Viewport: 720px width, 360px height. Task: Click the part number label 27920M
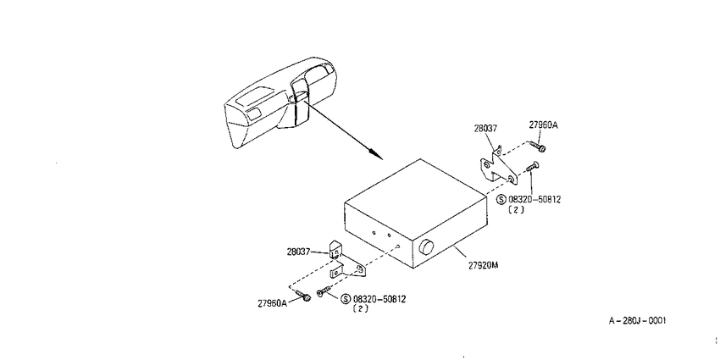pyautogui.click(x=483, y=265)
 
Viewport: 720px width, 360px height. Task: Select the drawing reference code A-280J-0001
pyautogui.click(x=637, y=321)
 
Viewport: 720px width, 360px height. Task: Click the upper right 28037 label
pyautogui.click(x=485, y=129)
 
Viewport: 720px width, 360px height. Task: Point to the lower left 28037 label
pyautogui.click(x=298, y=252)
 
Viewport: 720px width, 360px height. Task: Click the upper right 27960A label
pyautogui.click(x=543, y=125)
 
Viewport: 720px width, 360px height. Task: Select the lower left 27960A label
pyautogui.click(x=272, y=303)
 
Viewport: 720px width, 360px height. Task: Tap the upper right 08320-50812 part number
pyautogui.click(x=534, y=200)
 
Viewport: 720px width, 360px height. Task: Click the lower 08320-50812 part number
pyautogui.click(x=379, y=299)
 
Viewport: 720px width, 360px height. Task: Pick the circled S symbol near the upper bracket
pyautogui.click(x=501, y=200)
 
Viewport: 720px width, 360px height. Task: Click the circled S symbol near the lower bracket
pyautogui.click(x=346, y=299)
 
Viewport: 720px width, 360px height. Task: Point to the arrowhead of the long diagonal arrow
pyautogui.click(x=378, y=155)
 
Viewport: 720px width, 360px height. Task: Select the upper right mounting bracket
pyautogui.click(x=498, y=165)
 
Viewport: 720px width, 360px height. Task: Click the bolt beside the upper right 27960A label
pyautogui.click(x=537, y=147)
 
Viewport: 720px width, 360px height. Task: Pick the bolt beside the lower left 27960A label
pyautogui.click(x=302, y=296)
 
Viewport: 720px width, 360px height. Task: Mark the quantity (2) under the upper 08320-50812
pyautogui.click(x=516, y=209)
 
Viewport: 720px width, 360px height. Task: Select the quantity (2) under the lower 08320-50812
pyautogui.click(x=361, y=309)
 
